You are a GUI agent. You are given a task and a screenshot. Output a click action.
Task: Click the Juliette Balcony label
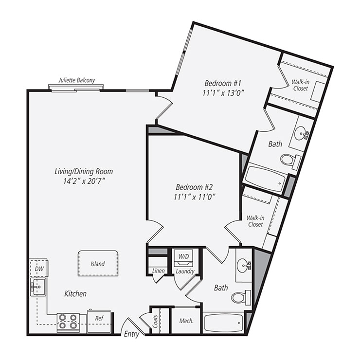(76, 80)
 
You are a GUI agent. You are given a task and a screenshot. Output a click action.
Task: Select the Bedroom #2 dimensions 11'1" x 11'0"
(195, 197)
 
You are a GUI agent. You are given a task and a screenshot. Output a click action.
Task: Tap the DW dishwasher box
(38, 269)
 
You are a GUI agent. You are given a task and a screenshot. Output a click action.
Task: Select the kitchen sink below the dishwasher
(37, 287)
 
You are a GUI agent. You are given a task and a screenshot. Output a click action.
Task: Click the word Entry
(131, 334)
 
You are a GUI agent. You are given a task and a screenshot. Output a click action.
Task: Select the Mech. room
(186, 321)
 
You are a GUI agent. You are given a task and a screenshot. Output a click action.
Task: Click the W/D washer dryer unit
(184, 256)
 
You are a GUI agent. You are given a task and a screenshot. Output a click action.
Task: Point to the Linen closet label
(158, 271)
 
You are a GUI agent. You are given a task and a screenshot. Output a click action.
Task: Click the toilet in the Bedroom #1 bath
(288, 159)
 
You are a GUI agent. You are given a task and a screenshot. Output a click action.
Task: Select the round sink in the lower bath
(243, 266)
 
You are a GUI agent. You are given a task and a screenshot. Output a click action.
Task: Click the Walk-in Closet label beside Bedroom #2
(255, 221)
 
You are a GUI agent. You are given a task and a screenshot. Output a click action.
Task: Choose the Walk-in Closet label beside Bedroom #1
(301, 86)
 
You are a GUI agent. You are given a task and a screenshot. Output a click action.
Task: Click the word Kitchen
(75, 294)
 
